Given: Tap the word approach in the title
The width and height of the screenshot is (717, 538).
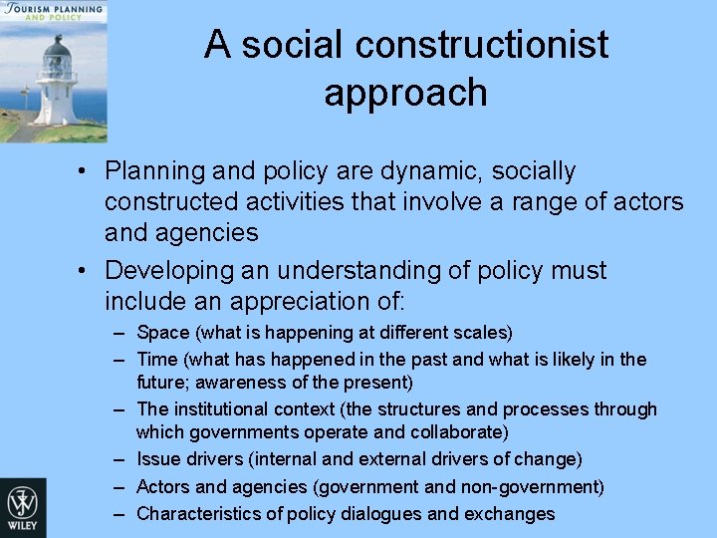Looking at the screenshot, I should click(405, 92).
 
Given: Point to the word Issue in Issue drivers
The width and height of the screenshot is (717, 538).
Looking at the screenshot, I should click(157, 459).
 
